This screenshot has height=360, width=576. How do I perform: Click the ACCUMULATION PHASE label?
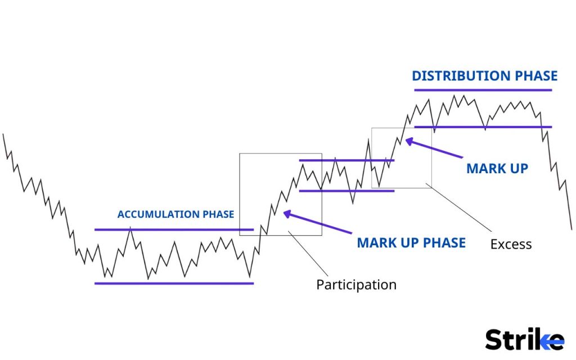point(175,214)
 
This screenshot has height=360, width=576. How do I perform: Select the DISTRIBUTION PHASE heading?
point(484,76)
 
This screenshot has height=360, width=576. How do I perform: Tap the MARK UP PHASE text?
point(411,242)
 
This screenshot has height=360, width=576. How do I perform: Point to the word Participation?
point(356,285)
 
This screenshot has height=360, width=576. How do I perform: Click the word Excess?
point(511,244)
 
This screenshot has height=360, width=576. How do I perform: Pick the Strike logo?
point(524,340)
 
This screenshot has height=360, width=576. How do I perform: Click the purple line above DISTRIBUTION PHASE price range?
point(483,90)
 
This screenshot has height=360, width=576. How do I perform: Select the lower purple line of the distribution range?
point(483,127)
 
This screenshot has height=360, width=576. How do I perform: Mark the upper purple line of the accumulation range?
point(174,229)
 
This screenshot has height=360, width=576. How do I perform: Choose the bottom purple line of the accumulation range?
point(174,283)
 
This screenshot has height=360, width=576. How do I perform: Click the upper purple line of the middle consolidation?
point(346,160)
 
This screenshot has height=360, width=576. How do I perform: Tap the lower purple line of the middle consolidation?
point(346,191)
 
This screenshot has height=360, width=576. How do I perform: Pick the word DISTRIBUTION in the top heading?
point(457,76)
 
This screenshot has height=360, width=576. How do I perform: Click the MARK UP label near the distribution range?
point(497,168)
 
